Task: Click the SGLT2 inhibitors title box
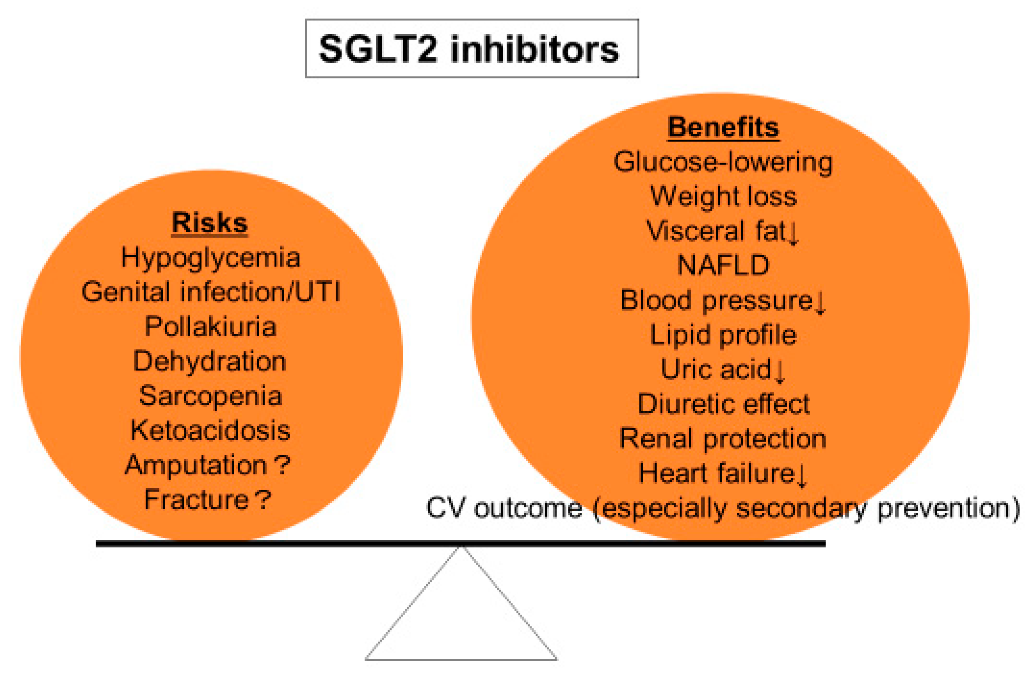[x=472, y=49]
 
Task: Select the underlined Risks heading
[x=210, y=223]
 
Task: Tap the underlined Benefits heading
[x=723, y=127]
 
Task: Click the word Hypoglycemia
[x=210, y=257]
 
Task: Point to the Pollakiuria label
[x=210, y=326]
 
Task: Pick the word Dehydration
[x=210, y=361]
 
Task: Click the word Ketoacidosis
[x=210, y=431]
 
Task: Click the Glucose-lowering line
[x=723, y=162]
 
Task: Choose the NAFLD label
[x=723, y=265]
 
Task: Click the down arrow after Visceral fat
[x=793, y=233]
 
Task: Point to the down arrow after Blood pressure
[x=820, y=302]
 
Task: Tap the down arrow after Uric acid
[x=780, y=371]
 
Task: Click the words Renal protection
[x=723, y=439]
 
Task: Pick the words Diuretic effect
[x=723, y=404]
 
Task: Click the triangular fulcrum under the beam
[x=461, y=625]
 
